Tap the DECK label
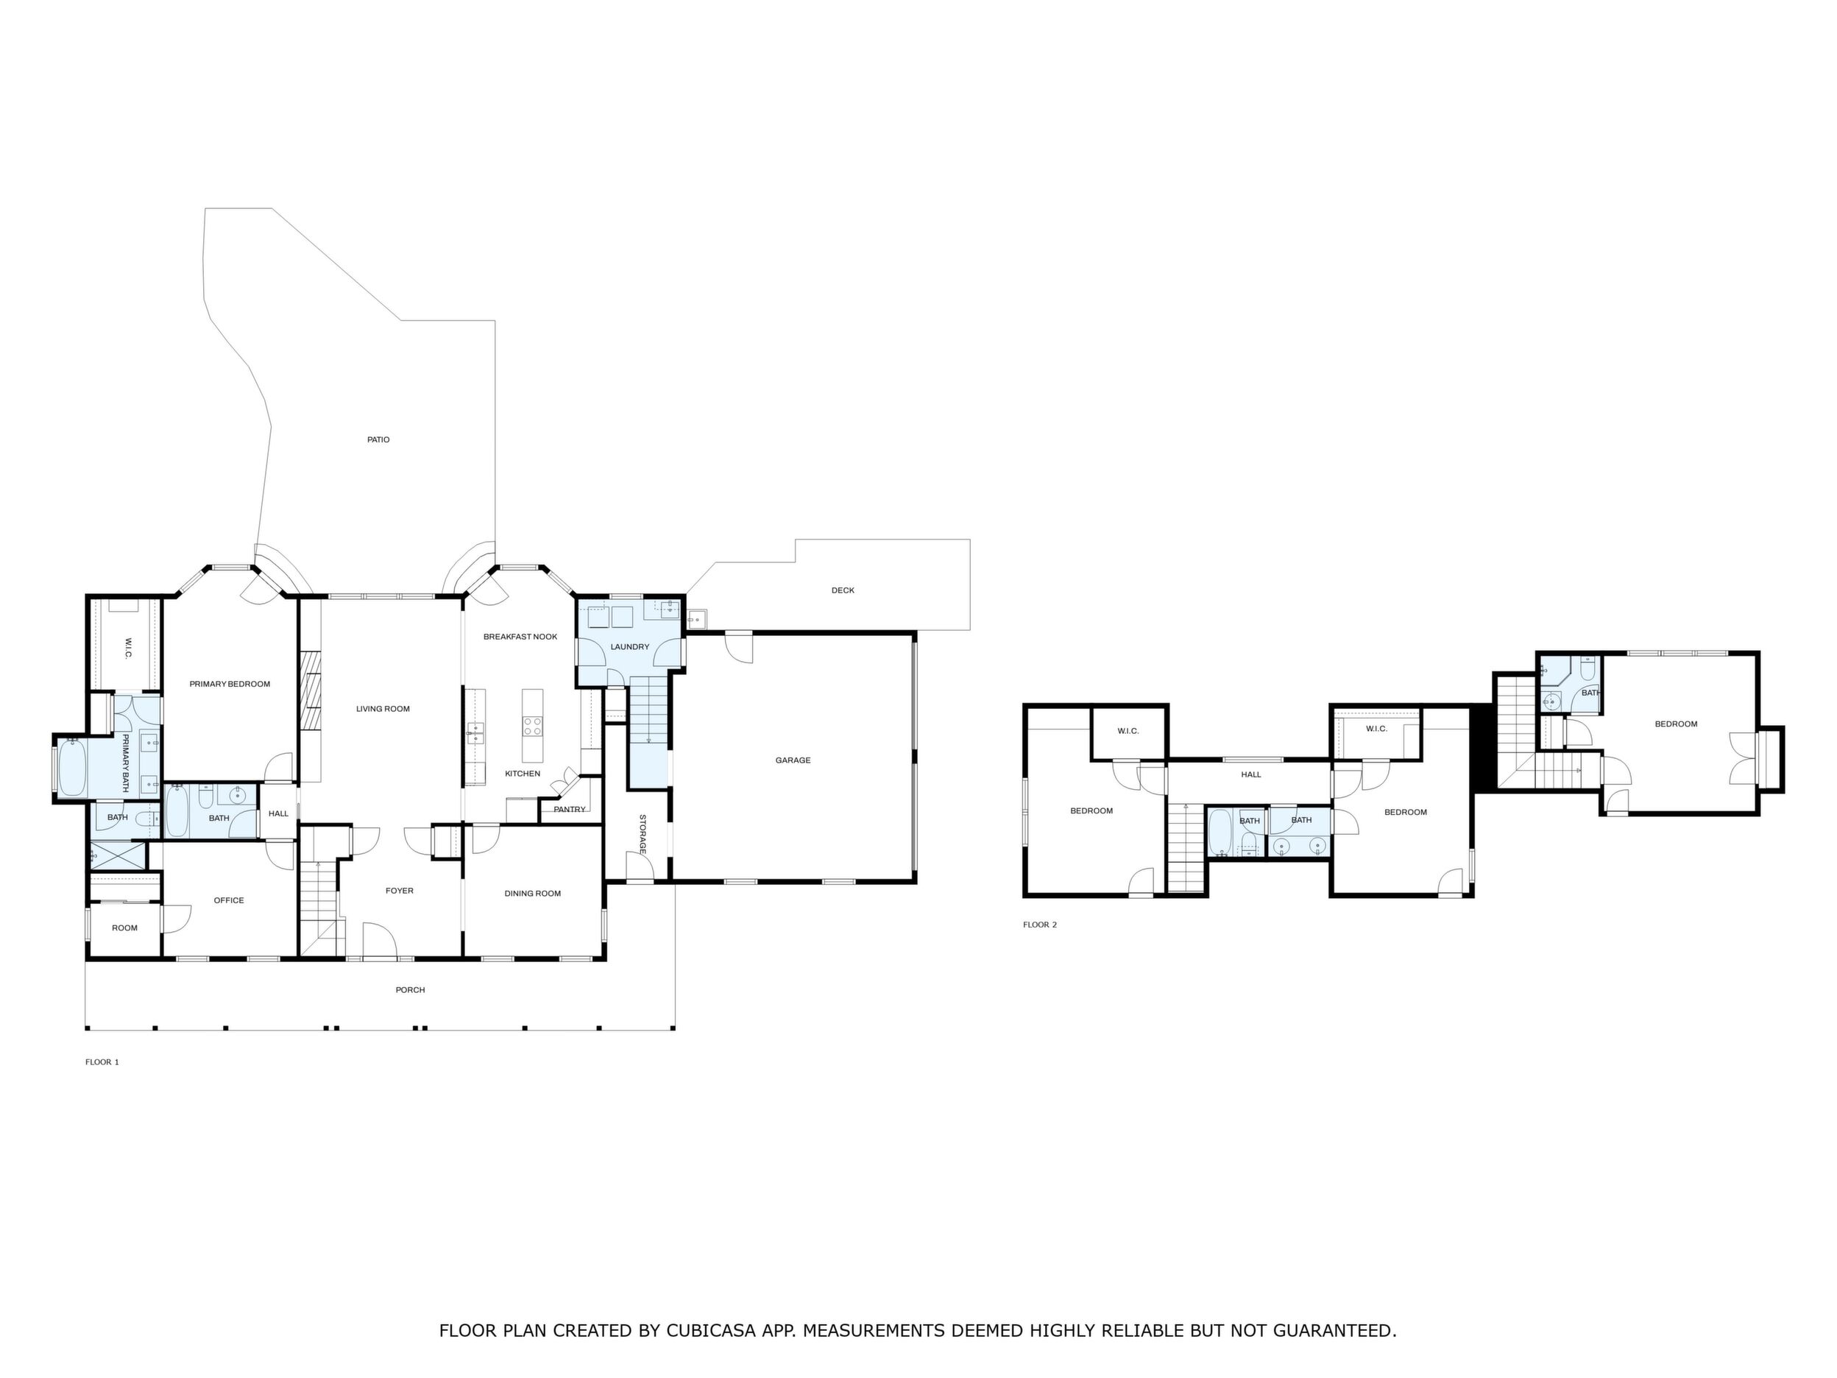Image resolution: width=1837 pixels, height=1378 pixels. coord(843,590)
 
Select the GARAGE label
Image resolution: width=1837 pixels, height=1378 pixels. coord(793,760)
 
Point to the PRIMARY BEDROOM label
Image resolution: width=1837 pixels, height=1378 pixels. coord(230,685)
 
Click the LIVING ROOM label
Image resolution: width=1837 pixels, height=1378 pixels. coord(383,710)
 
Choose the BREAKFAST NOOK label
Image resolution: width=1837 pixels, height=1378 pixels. coord(521,637)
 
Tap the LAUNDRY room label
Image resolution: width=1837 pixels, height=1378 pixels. coord(629,647)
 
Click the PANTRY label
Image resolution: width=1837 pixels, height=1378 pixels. coord(570,810)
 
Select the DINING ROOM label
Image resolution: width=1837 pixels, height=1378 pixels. coord(532,894)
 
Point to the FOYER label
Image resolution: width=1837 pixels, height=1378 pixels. coord(400,891)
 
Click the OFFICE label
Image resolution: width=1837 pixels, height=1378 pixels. coord(229,900)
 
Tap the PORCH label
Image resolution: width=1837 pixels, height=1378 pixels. coord(410,990)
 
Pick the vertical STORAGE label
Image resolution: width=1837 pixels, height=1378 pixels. coord(642,835)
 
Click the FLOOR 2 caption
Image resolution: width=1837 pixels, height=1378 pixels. coord(1040,925)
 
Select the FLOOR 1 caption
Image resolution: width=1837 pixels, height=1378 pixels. coord(102,1062)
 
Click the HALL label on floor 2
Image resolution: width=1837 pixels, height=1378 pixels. coord(1250,775)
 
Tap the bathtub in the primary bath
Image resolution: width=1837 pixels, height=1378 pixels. coord(72,769)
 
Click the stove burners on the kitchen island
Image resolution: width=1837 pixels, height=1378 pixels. coord(532,727)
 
